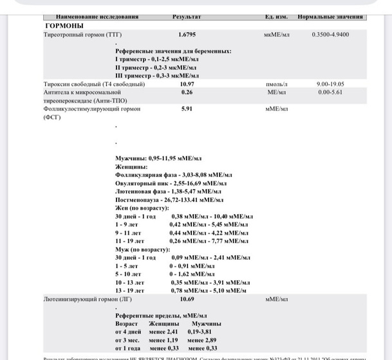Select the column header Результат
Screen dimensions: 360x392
(x=187, y=17)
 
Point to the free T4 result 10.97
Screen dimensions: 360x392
(x=187, y=84)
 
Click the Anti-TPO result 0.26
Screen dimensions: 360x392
(x=187, y=92)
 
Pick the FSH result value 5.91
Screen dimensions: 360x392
(x=187, y=109)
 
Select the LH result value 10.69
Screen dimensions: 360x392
(x=187, y=299)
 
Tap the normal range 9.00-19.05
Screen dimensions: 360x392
(x=330, y=84)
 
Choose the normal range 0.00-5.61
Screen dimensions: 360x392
(x=330, y=92)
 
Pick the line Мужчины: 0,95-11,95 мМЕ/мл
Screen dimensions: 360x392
(x=158, y=157)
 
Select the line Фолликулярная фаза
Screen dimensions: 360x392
(x=173, y=174)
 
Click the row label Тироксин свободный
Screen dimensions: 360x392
(x=94, y=84)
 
